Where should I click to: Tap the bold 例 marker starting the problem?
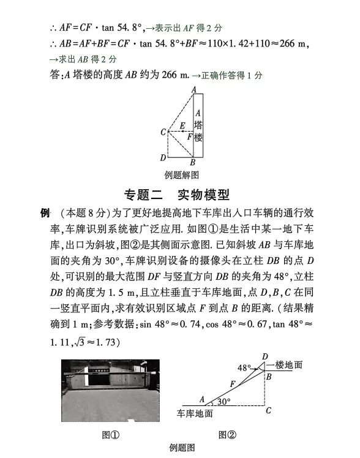(44, 213)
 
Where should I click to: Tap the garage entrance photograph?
(110, 390)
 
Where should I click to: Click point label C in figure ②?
(268, 411)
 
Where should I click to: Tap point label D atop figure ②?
(264, 356)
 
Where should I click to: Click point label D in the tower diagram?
(162, 157)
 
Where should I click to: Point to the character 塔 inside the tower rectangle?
(198, 125)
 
